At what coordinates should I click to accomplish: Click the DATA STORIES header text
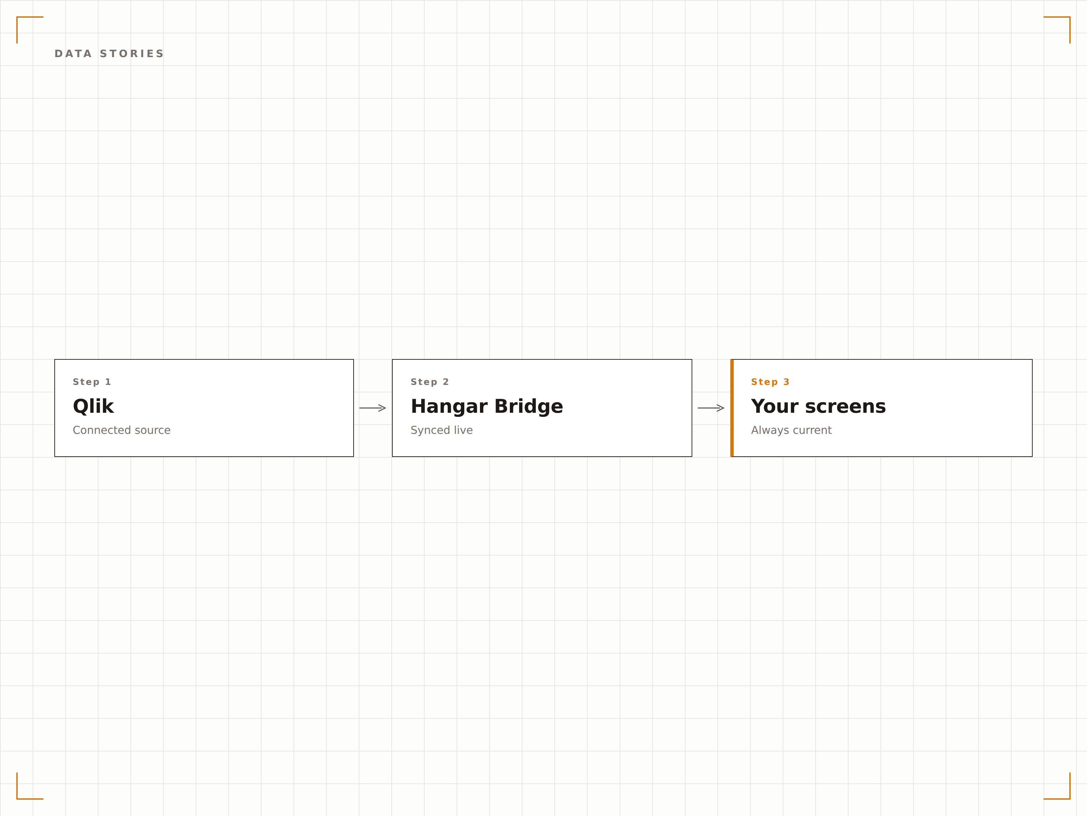click(x=109, y=54)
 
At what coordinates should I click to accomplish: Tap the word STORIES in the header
click(x=132, y=54)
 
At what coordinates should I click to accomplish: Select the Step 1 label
click(x=92, y=382)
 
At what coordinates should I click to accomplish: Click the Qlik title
click(x=93, y=406)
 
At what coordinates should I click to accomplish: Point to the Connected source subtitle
click(x=121, y=430)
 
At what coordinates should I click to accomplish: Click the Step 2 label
click(x=429, y=382)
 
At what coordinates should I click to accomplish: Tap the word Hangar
click(x=449, y=407)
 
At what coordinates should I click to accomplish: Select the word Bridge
click(x=529, y=407)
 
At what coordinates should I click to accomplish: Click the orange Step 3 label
click(x=770, y=382)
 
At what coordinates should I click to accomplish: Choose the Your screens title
click(x=818, y=406)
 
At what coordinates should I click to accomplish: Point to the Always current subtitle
click(x=791, y=430)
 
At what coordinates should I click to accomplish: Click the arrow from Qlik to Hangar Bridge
click(x=373, y=408)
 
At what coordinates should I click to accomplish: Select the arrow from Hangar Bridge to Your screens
click(x=711, y=408)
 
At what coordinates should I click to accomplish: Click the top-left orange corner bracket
click(x=17, y=17)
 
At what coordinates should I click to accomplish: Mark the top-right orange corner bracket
click(x=1070, y=17)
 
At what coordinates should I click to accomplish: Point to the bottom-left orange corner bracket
click(x=17, y=798)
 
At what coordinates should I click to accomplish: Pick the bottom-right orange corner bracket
click(x=1070, y=798)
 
